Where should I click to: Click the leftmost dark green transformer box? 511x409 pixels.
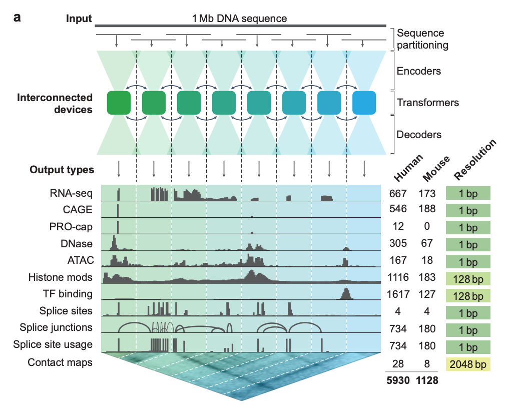tap(119, 103)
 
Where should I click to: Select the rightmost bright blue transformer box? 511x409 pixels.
tap(364, 103)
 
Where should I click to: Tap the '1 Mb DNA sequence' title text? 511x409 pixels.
tap(240, 19)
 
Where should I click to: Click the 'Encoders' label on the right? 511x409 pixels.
tap(419, 71)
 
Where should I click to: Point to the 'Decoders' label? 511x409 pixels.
tap(419, 135)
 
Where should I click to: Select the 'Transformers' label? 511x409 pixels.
tap(428, 103)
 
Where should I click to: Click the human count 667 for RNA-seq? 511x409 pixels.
tap(398, 194)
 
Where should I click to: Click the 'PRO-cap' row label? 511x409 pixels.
tap(75, 226)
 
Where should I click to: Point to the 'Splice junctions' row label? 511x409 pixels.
tap(56, 327)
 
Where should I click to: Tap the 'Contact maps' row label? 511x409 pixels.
tap(61, 362)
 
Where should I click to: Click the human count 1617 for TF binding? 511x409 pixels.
tap(398, 294)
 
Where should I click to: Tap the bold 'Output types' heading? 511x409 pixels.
tap(62, 170)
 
